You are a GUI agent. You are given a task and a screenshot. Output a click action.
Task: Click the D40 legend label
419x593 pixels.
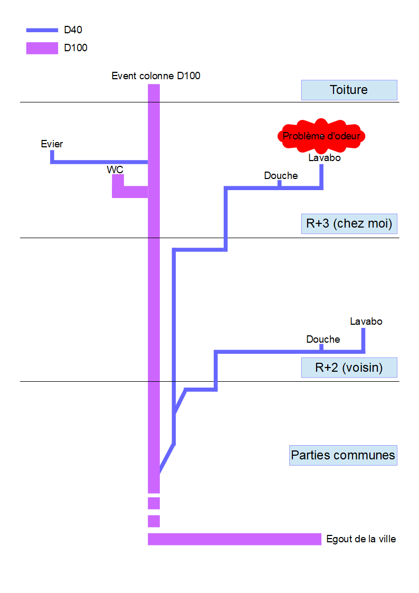pyautogui.click(x=73, y=30)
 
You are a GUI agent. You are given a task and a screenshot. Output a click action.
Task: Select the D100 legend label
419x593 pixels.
pyautogui.click(x=75, y=48)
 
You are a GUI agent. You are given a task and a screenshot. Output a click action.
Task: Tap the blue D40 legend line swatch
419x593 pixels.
pyautogui.click(x=42, y=30)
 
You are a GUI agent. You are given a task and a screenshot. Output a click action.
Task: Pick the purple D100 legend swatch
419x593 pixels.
pyautogui.click(x=42, y=48)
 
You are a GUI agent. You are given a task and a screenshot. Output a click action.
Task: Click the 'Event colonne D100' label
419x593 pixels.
pyautogui.click(x=156, y=76)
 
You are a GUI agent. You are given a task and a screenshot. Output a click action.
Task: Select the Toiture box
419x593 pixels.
pyautogui.click(x=348, y=90)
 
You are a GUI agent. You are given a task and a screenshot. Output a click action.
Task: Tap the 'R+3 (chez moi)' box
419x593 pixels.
pyautogui.click(x=349, y=223)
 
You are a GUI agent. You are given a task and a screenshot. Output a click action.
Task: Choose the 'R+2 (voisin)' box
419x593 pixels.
pyautogui.click(x=348, y=368)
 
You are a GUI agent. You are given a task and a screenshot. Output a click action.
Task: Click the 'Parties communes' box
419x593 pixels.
pyautogui.click(x=343, y=455)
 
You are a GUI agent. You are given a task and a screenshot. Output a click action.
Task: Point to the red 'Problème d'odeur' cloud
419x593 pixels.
pyautogui.click(x=321, y=136)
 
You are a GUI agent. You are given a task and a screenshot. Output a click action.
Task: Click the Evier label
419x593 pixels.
pyautogui.click(x=52, y=144)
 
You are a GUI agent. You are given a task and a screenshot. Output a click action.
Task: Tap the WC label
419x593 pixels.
pyautogui.click(x=115, y=170)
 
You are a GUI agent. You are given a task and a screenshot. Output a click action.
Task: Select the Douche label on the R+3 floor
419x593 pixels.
pyautogui.click(x=281, y=175)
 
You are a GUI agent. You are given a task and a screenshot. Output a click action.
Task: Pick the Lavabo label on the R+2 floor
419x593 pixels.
pyautogui.click(x=366, y=321)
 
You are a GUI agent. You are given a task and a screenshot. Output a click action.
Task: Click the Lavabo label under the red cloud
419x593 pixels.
pyautogui.click(x=325, y=157)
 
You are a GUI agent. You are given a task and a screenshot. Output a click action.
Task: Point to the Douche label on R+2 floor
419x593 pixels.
pyautogui.click(x=323, y=339)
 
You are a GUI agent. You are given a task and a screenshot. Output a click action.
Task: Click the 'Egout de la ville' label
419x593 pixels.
pyautogui.click(x=361, y=539)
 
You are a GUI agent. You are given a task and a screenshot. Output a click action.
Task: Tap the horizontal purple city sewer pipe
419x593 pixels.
pyautogui.click(x=234, y=539)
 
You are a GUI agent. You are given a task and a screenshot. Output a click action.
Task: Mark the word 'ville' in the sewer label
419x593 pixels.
pyautogui.click(x=386, y=539)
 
